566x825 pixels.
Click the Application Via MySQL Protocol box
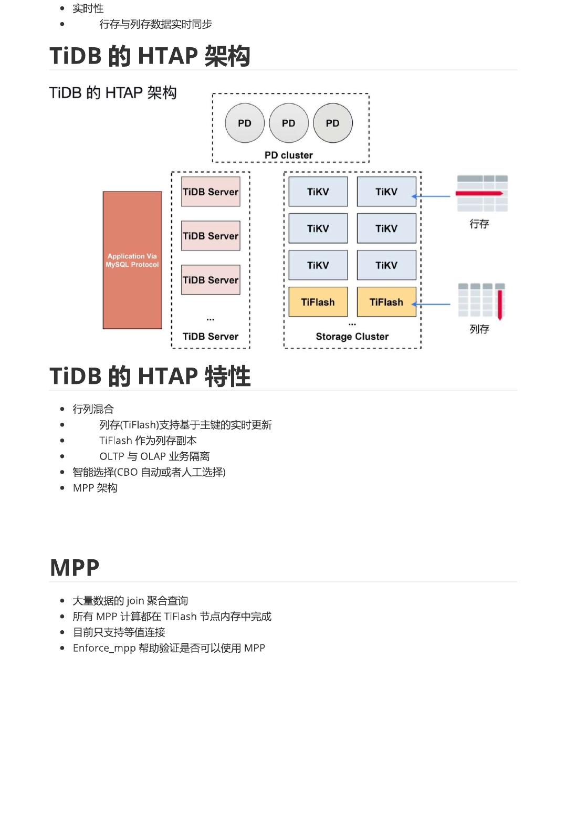pos(132,260)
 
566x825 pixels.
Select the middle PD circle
pos(288,123)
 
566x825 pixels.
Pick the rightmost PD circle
pos(332,123)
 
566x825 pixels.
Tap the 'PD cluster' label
pos(289,155)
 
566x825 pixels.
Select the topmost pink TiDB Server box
pos(211,192)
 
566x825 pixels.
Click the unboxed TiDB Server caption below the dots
pos(211,337)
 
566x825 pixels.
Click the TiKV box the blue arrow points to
pos(386,192)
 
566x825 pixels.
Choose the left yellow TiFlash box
pos(318,302)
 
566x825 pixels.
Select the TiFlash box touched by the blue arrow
pos(386,302)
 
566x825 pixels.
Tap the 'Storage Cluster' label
pos(352,337)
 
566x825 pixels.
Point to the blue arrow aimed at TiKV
pos(432,196)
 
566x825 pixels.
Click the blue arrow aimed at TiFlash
pos(432,304)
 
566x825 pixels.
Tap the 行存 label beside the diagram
pos(479,224)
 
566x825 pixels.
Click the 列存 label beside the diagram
pos(479,329)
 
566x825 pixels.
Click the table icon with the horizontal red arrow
pos(482,193)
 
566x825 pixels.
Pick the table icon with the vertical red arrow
pos(481,301)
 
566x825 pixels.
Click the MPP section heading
pos(75,568)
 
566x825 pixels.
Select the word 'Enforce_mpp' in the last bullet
pos(104,648)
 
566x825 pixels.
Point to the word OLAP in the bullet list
pos(153,456)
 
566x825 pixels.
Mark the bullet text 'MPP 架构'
pos(95,488)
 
